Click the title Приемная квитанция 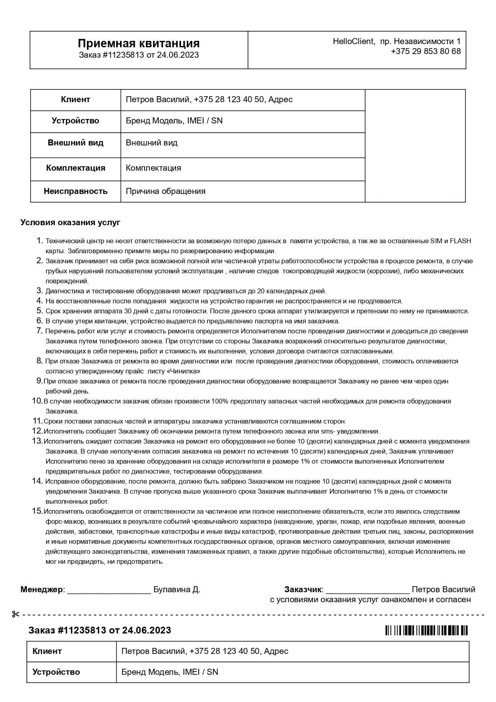tap(139, 43)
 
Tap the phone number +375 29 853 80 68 tap(426, 51)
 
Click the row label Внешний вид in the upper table tap(75, 143)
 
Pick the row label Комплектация tap(75, 168)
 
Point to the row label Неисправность tap(75, 191)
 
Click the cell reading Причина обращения tap(165, 191)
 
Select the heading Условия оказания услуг tap(71, 222)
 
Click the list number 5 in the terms tap(39, 311)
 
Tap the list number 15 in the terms tap(37, 511)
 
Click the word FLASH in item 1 tap(460, 241)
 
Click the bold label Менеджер tap(42, 589)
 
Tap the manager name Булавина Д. tap(177, 589)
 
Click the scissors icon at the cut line tap(16, 614)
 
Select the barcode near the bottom tap(426, 630)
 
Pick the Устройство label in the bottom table tap(56, 672)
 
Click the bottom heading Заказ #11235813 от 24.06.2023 tap(100, 630)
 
